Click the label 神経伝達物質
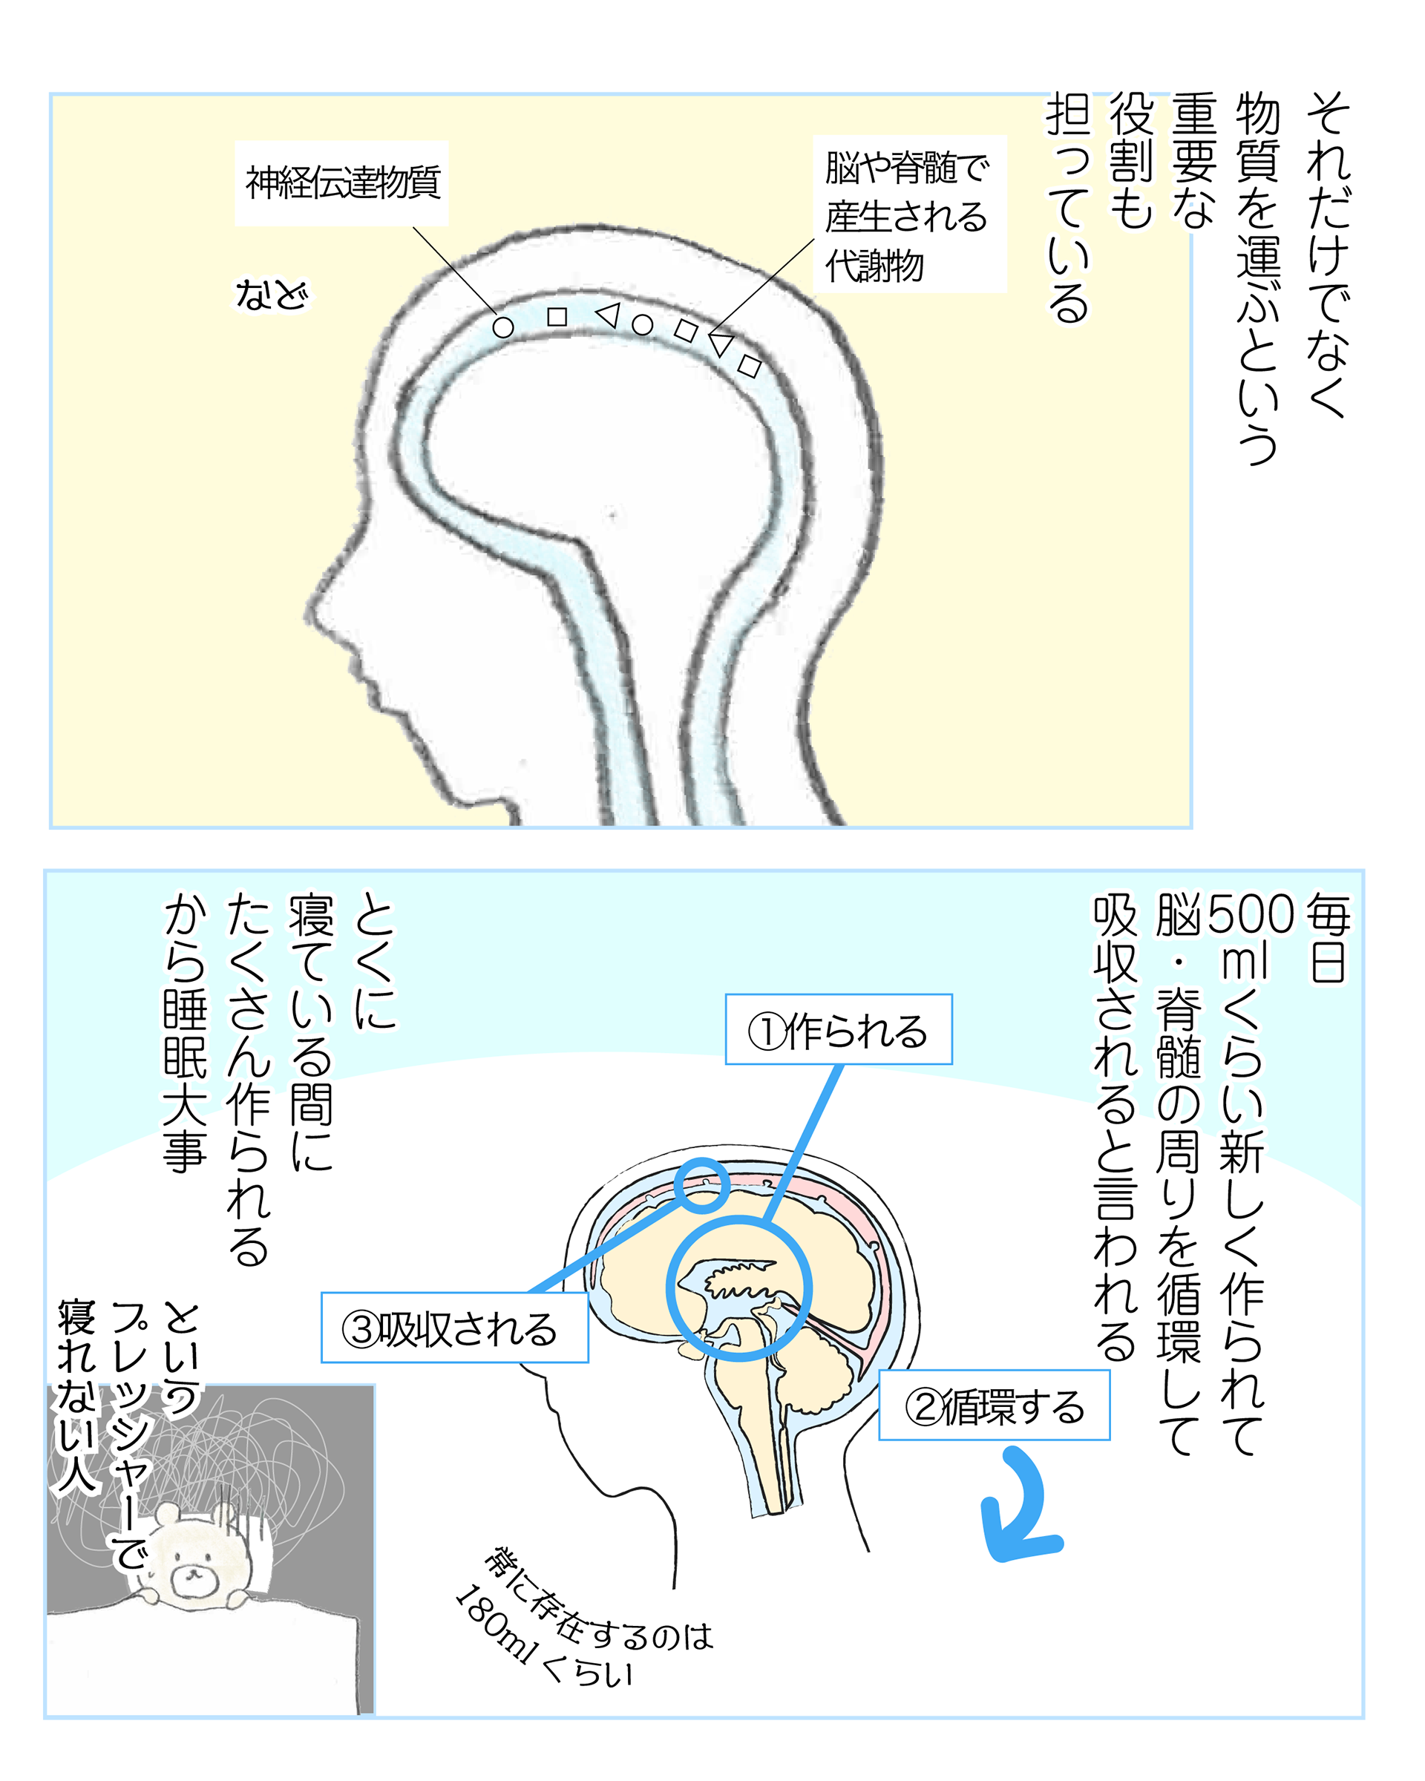(342, 183)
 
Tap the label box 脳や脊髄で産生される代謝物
(908, 214)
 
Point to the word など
(271, 295)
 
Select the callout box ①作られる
(838, 1030)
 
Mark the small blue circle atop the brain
(701, 1184)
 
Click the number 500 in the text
(1250, 914)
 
